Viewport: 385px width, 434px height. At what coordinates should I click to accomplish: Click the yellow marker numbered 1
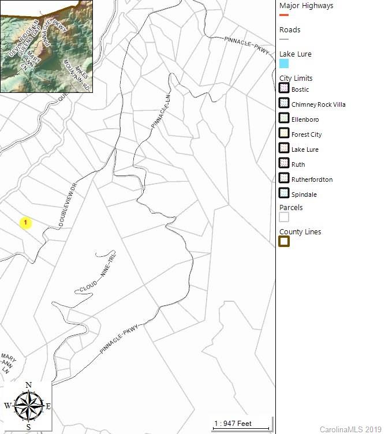point(25,223)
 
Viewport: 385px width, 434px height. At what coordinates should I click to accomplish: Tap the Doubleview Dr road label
point(68,205)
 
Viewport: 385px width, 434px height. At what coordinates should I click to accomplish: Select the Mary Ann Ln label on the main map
point(9,362)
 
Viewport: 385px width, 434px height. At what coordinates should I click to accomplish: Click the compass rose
point(28,405)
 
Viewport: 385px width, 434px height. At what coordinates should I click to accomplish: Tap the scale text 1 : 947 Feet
point(233,424)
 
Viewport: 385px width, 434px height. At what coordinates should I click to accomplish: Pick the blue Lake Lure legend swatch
point(284,63)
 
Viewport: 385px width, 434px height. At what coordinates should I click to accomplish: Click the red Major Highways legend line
point(284,15)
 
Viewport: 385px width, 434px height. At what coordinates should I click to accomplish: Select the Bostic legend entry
point(300,89)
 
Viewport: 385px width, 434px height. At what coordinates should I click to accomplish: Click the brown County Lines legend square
point(284,242)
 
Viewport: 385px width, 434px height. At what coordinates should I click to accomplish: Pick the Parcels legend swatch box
point(284,218)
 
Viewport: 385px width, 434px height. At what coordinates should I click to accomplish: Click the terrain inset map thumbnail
point(46,47)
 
